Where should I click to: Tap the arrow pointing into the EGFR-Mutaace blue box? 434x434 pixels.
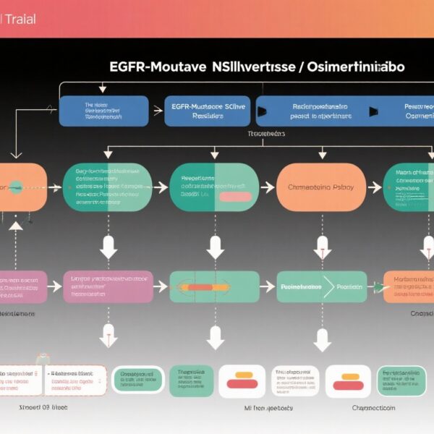[156, 111]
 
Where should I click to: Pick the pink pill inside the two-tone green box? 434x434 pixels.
[234, 197]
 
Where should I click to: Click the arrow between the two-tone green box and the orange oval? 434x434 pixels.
[268, 187]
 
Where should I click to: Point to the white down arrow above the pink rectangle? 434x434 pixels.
[109, 247]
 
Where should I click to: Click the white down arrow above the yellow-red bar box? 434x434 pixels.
[215, 247]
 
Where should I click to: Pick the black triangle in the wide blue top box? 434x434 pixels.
[262, 111]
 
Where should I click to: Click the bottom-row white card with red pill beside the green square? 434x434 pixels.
[242, 381]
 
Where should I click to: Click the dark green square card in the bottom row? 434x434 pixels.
[191, 381]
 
